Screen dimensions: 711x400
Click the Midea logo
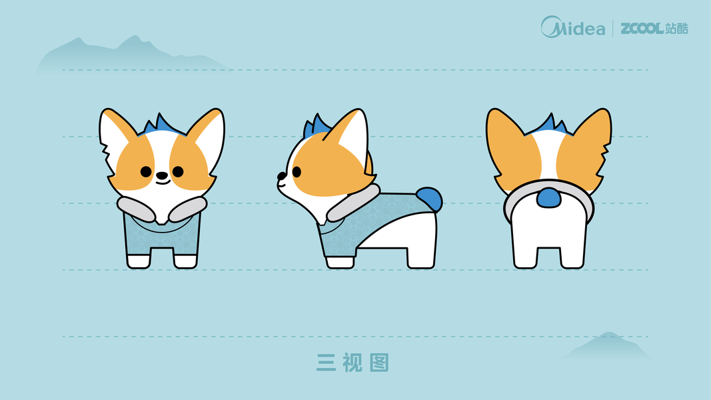[x=572, y=27]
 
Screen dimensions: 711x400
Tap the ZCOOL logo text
[x=642, y=29]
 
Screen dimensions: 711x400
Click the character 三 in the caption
[x=326, y=363]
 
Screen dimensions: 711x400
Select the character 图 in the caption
[x=379, y=363]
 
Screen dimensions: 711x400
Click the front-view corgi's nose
[x=162, y=175]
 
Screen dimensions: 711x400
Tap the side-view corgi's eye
[x=297, y=172]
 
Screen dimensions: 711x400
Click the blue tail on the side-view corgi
[x=429, y=199]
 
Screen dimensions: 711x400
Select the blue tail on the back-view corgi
[x=548, y=198]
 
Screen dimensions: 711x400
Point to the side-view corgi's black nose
[x=282, y=175]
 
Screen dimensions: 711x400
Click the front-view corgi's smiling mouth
[x=163, y=182]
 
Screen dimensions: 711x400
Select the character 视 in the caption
[x=353, y=363]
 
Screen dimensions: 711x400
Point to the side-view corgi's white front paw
[x=340, y=262]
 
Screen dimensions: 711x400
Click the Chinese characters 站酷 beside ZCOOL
[x=677, y=29]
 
